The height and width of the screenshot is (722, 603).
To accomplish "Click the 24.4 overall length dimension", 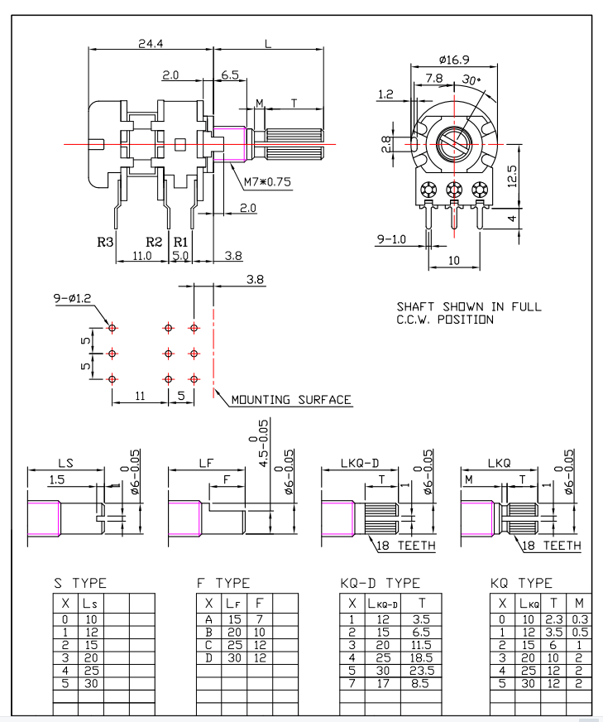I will (150, 43).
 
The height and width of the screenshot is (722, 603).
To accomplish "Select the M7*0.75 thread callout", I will (267, 182).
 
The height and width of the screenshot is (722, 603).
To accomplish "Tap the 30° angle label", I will (471, 80).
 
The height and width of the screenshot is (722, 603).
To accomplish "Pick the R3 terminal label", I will (105, 242).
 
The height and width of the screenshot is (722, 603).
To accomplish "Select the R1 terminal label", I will (180, 242).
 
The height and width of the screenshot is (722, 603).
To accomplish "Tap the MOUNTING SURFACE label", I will (290, 400).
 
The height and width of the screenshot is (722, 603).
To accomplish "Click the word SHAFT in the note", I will (416, 306).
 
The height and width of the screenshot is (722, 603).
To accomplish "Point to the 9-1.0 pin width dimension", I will (391, 239).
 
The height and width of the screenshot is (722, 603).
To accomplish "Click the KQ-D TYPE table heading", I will (380, 584).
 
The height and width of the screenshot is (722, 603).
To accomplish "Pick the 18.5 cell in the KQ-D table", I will (422, 656).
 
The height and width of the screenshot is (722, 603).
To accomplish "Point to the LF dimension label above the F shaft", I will (208, 464).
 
